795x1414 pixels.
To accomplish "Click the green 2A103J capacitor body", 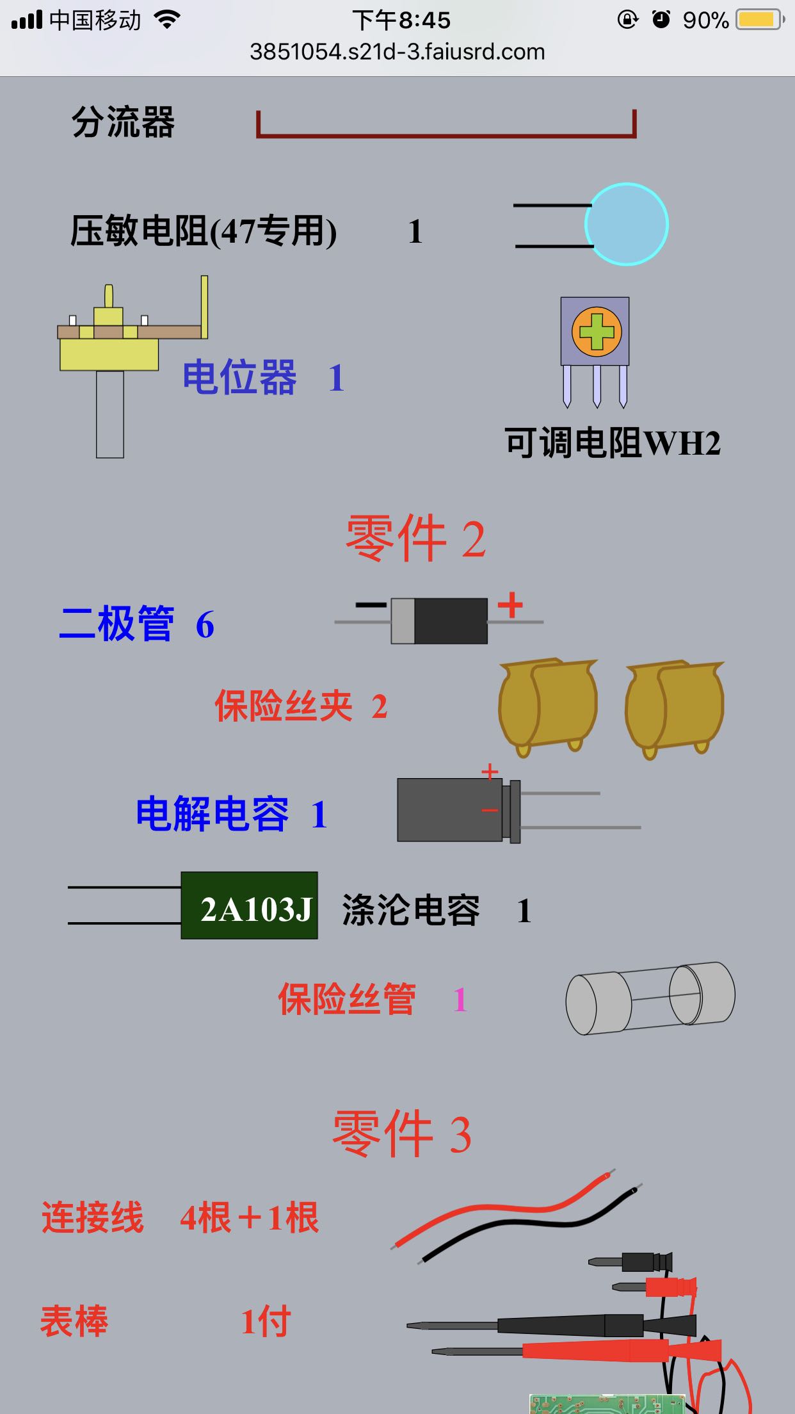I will click(249, 906).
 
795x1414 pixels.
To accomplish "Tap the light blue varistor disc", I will click(626, 224).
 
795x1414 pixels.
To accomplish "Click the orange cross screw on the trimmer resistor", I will click(596, 332).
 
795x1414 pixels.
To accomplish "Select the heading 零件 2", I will click(415, 539).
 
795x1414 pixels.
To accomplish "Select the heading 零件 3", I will click(402, 1134).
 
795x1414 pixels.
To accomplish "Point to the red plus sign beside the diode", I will click(510, 605).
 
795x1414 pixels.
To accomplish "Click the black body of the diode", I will click(451, 621).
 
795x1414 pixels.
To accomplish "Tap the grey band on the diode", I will click(403, 621).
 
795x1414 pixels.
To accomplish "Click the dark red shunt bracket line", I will click(446, 135).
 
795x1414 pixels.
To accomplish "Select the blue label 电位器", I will click(239, 377).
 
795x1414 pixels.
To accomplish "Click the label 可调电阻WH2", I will click(613, 443).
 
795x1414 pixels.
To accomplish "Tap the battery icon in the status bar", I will click(759, 20).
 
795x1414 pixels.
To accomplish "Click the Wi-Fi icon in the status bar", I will click(167, 20).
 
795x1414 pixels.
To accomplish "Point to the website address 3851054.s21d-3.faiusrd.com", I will click(397, 52).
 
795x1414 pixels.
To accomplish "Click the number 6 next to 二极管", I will click(205, 624).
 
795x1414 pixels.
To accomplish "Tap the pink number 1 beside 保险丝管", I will click(460, 999).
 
